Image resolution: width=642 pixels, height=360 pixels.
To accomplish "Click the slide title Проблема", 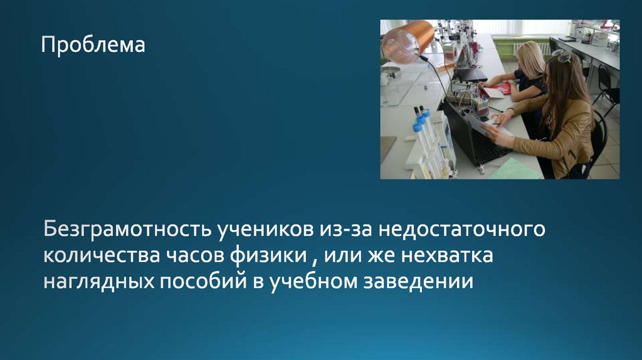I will tap(93, 45).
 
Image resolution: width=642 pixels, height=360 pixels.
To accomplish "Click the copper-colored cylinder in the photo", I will tap(408, 40).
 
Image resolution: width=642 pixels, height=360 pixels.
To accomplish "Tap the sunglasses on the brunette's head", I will tap(562, 56).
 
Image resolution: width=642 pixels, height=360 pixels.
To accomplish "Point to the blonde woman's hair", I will tap(532, 60).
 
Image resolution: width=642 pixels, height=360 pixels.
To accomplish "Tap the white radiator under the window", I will tap(527, 47).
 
